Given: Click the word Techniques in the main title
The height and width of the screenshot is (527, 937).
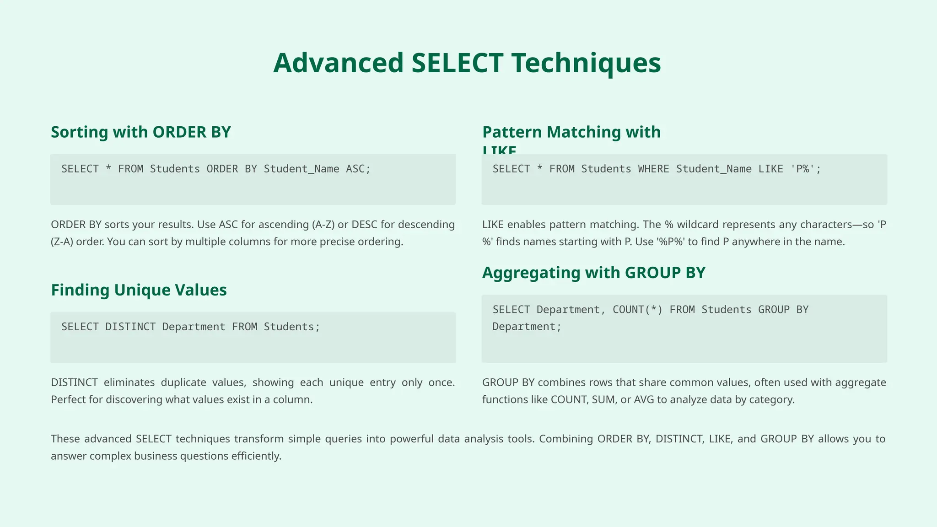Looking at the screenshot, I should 586,63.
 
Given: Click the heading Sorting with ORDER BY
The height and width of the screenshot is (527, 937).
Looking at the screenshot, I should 141,132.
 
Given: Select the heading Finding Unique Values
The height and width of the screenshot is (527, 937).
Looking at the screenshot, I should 139,290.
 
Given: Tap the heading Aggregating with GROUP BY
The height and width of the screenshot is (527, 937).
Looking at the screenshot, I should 593,273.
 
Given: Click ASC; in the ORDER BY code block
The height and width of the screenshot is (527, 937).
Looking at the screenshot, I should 358,169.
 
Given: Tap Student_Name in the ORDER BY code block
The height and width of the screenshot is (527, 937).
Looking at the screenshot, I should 301,169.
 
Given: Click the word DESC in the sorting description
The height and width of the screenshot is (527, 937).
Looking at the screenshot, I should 364,225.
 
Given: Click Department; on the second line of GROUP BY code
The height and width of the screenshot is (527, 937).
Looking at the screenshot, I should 527,327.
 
